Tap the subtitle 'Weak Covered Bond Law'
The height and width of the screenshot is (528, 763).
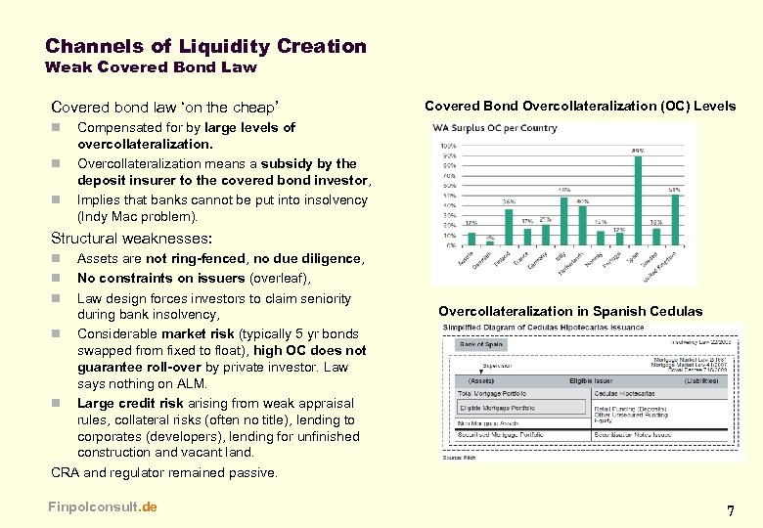[151, 67]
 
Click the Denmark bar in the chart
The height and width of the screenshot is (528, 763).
[491, 242]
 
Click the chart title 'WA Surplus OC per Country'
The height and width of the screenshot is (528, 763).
[495, 128]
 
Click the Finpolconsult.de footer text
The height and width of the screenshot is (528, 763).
[102, 506]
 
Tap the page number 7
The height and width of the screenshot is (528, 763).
[730, 510]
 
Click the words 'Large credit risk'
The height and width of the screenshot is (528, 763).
[125, 403]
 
